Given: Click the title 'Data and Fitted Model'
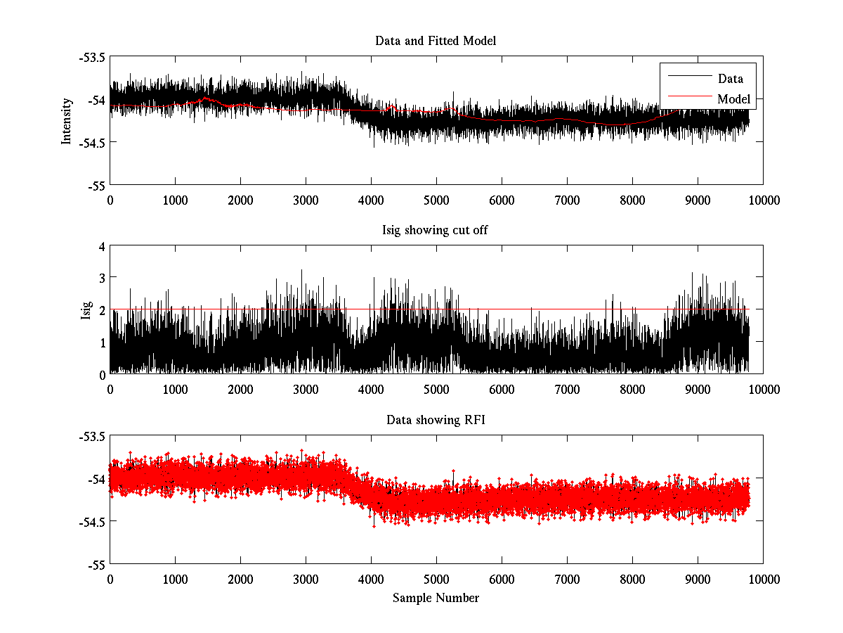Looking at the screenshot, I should point(436,41).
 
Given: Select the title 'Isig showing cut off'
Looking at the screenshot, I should point(436,231).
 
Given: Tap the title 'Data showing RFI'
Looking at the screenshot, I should point(436,420).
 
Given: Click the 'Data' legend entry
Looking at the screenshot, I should point(730,79).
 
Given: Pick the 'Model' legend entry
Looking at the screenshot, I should point(733,99).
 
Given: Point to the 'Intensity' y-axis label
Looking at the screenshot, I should point(67,120).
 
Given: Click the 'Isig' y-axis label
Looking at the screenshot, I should point(86,310).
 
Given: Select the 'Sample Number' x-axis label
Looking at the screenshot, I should point(436,598).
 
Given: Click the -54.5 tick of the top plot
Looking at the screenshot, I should point(91,143).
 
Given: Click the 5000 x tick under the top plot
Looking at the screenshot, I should point(436,200).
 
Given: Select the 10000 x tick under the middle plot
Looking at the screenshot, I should point(763,390).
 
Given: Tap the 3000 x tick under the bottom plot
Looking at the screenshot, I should point(306,580).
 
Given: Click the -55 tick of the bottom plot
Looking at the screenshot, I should point(96,565).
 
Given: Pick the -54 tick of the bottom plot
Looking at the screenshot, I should point(96,480).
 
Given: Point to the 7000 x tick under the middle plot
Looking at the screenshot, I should point(566,390).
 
